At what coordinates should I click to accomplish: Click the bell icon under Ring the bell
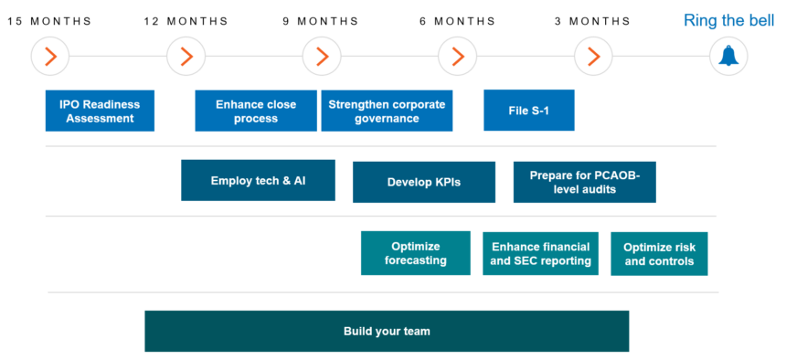pyautogui.click(x=728, y=57)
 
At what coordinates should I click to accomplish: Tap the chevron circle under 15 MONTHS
pyautogui.click(x=50, y=57)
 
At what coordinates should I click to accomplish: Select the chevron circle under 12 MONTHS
pyautogui.click(x=186, y=57)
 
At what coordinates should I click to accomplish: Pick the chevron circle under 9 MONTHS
pyautogui.click(x=322, y=57)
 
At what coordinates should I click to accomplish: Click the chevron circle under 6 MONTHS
pyautogui.click(x=457, y=57)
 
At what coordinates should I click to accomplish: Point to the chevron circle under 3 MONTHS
pyautogui.click(x=593, y=57)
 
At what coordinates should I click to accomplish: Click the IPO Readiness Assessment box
pyautogui.click(x=100, y=111)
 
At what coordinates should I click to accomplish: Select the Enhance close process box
pyautogui.click(x=256, y=111)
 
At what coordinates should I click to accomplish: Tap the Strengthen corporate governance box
pyautogui.click(x=387, y=111)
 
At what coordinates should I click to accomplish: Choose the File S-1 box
pyautogui.click(x=528, y=111)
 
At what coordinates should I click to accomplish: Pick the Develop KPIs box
pyautogui.click(x=424, y=182)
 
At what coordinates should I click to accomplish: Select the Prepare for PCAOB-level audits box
pyautogui.click(x=584, y=182)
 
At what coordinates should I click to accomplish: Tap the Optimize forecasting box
pyautogui.click(x=416, y=253)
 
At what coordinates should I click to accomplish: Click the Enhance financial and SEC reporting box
pyautogui.click(x=540, y=253)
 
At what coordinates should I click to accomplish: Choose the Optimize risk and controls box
pyautogui.click(x=659, y=254)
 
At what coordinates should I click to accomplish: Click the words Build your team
pyautogui.click(x=387, y=331)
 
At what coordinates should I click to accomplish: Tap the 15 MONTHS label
pyautogui.click(x=50, y=21)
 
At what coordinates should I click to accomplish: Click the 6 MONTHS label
pyautogui.click(x=457, y=21)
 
